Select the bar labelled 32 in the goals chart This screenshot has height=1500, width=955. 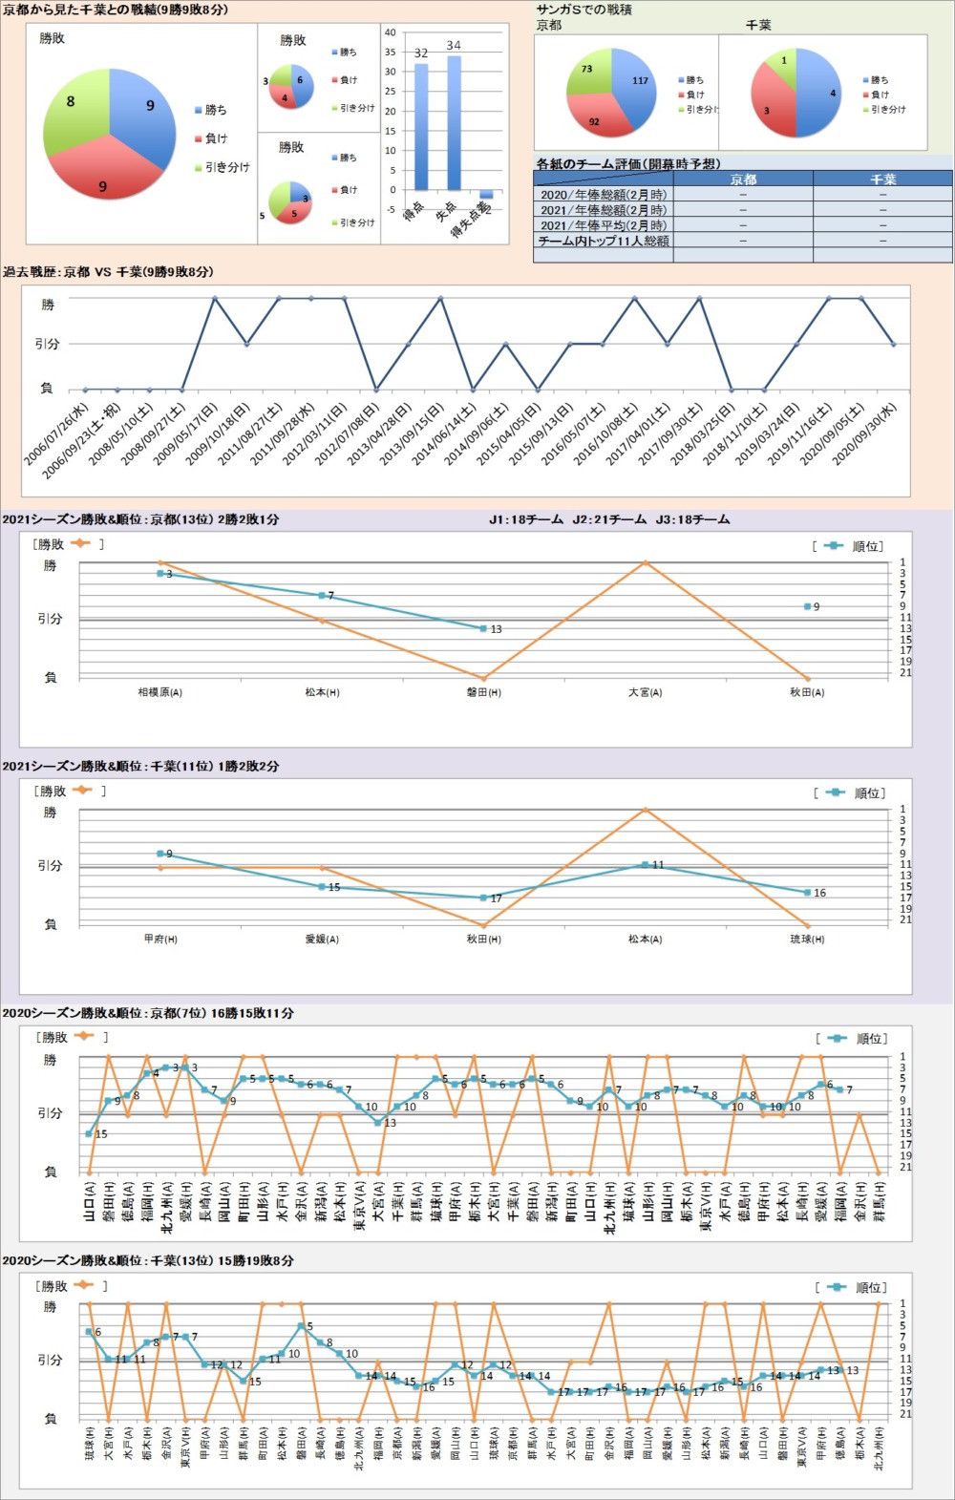[x=421, y=127]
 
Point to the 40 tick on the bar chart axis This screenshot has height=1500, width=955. [x=390, y=32]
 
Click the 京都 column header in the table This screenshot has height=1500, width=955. [x=743, y=180]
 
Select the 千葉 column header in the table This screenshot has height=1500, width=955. [x=882, y=180]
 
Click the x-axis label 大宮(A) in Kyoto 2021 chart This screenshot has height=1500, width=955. [x=646, y=692]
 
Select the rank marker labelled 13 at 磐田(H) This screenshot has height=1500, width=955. [x=484, y=628]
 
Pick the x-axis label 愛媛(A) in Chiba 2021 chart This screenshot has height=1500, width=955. [x=322, y=940]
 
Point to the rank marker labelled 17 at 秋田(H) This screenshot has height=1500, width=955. [x=484, y=898]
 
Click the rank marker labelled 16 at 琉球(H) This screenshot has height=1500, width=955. [x=808, y=893]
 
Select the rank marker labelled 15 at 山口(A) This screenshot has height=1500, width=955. [x=90, y=1134]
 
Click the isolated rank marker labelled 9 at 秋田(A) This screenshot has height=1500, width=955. [x=808, y=606]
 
